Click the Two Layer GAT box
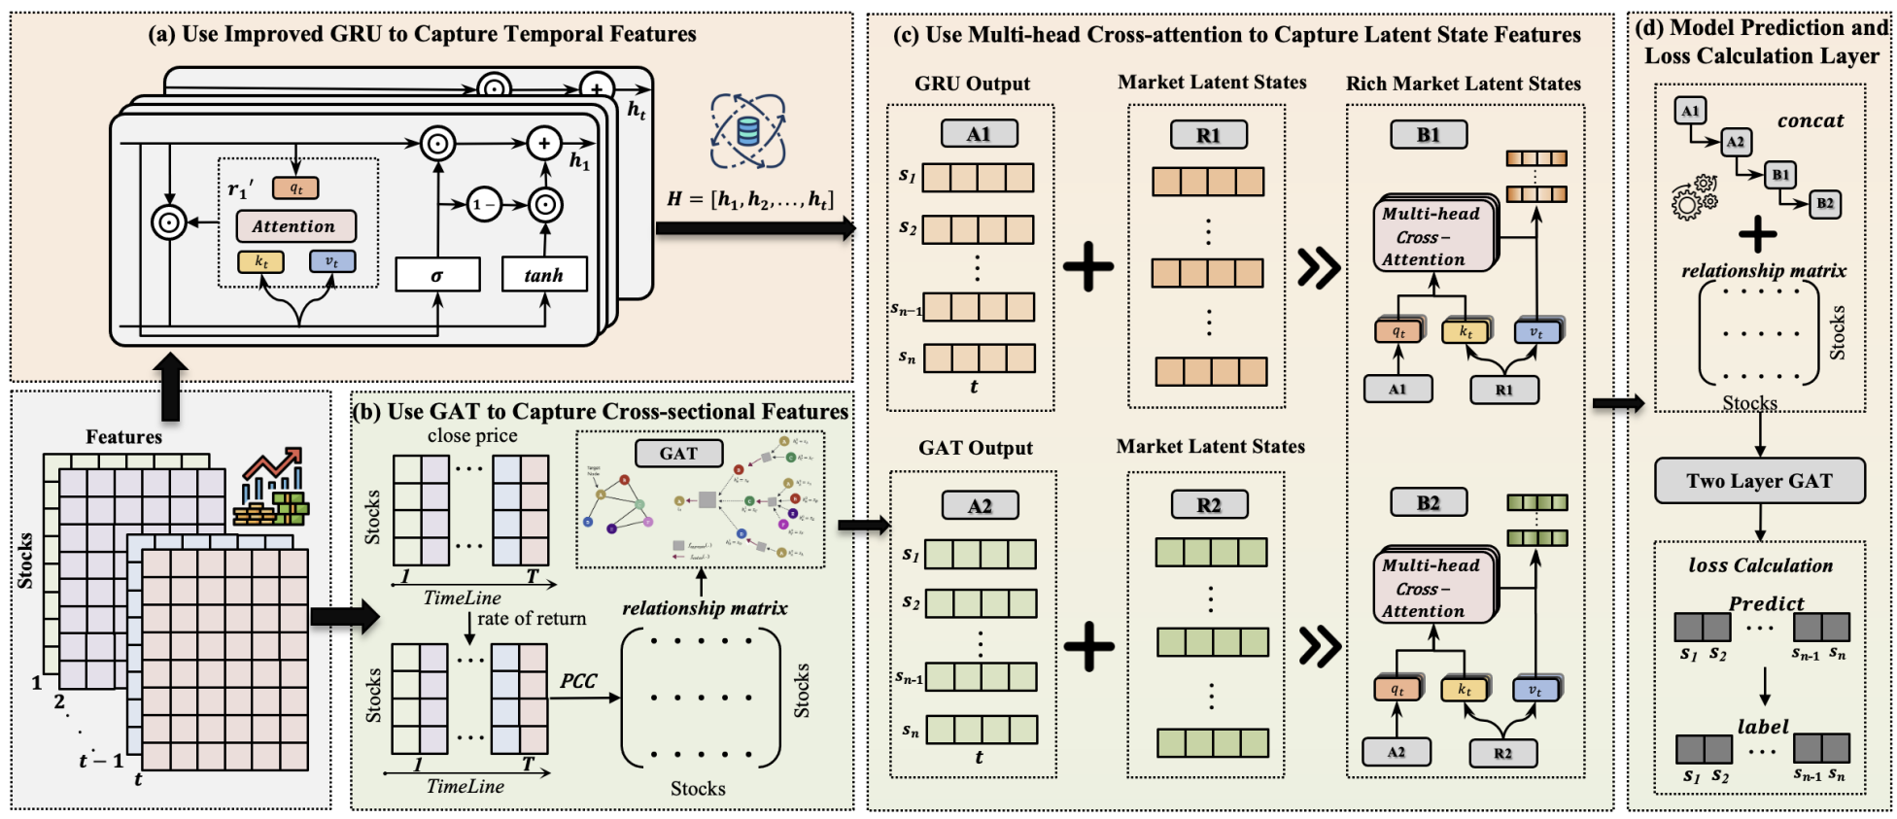1759,481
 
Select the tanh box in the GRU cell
544,275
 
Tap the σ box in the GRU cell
437,275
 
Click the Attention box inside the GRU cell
295,226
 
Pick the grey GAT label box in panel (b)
678,453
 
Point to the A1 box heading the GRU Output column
979,134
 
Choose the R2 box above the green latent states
1209,505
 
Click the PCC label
578,681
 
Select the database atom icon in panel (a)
747,131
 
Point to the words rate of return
532,619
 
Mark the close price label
472,436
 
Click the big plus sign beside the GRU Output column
1088,266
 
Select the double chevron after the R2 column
1320,646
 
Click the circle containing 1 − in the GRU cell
483,205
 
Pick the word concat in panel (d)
1811,121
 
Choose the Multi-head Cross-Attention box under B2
1432,588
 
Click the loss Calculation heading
1760,565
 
